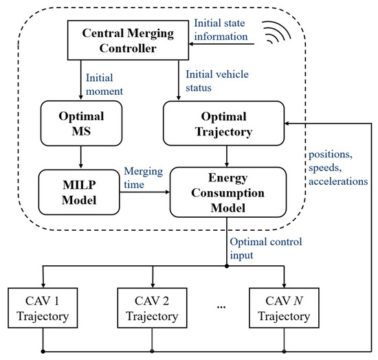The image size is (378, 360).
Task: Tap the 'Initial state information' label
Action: [x=221, y=29]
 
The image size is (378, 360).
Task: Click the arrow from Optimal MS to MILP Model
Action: [x=81, y=157]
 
